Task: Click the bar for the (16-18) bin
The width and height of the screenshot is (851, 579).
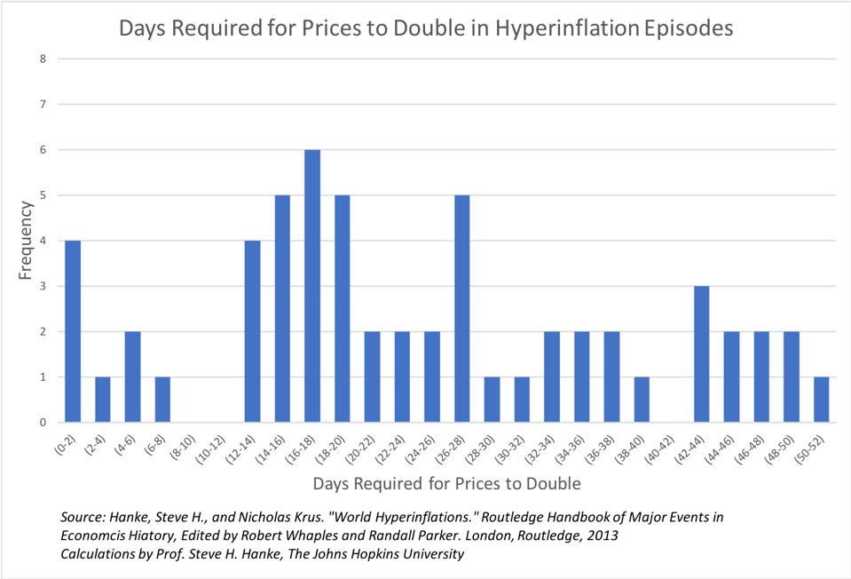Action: (312, 286)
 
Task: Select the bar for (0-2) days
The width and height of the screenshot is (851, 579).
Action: (73, 331)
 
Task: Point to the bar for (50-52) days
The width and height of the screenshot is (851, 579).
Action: (821, 399)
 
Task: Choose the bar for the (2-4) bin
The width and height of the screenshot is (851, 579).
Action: (103, 399)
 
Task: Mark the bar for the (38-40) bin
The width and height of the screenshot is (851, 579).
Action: (642, 399)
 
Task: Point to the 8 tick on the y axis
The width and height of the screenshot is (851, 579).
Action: (42, 59)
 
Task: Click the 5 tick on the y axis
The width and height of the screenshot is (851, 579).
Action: (42, 195)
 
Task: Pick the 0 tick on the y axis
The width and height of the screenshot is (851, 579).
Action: (42, 423)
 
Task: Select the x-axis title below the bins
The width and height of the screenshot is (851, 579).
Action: (446, 484)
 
